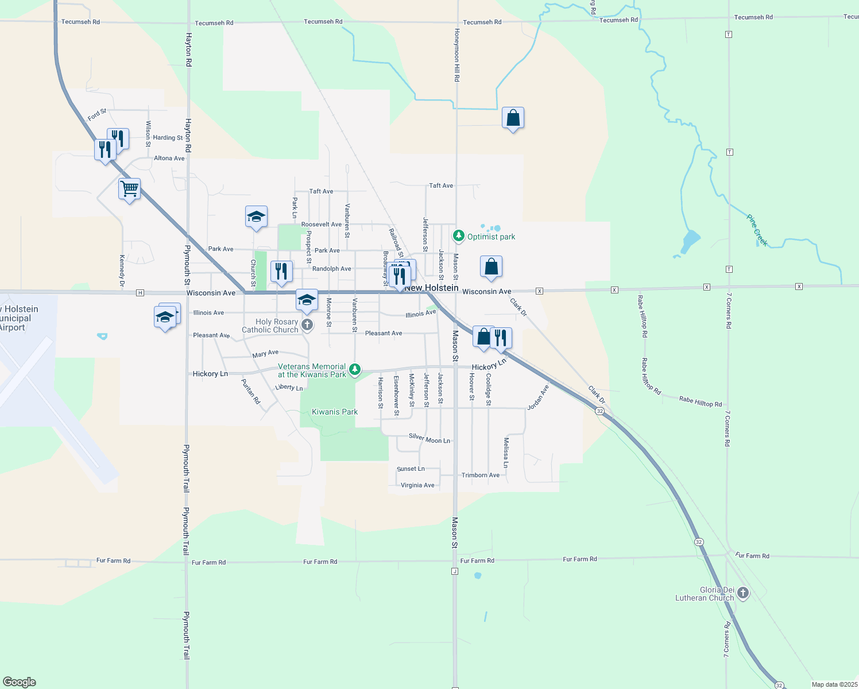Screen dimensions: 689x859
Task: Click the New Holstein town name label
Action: tap(432, 288)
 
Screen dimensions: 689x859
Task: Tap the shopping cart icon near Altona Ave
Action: tap(129, 189)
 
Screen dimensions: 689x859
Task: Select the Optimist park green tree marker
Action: tap(458, 235)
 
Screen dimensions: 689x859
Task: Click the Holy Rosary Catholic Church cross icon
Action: tap(307, 326)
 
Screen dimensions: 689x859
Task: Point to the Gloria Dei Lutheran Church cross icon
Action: tap(743, 593)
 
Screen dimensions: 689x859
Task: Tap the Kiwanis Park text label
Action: tap(334, 412)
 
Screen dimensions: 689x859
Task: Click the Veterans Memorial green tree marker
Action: tap(355, 369)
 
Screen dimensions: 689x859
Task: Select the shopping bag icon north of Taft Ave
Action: tap(513, 118)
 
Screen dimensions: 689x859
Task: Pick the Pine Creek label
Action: tap(757, 230)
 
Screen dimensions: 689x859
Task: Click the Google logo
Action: tap(20, 682)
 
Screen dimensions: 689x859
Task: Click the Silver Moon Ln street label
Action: tap(429, 438)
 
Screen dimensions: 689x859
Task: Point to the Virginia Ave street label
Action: tap(417, 485)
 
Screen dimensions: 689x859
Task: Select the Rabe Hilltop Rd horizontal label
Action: tap(700, 401)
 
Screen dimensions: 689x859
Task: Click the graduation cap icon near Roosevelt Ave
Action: tap(256, 216)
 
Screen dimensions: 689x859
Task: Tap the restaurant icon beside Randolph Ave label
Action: tap(281, 271)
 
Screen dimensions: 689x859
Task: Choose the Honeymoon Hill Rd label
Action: tap(457, 55)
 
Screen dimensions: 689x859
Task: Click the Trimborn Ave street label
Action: tap(480, 475)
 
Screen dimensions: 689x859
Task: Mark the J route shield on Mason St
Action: tap(455, 571)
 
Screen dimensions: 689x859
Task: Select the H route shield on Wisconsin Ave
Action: tap(140, 293)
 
